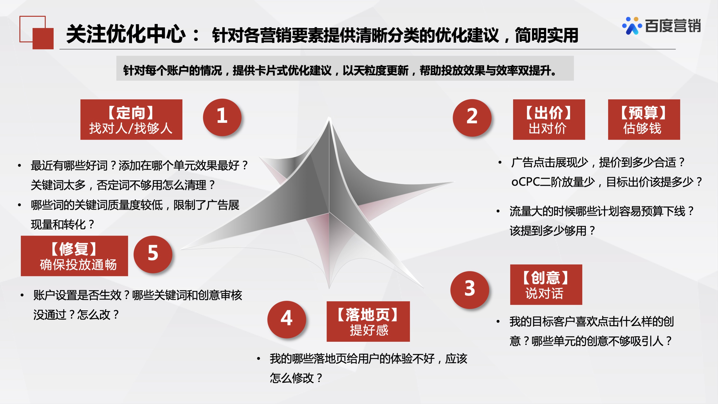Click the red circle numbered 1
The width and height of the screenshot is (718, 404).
[x=222, y=117]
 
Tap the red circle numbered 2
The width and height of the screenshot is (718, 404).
[x=472, y=118]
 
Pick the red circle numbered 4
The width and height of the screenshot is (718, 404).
[x=286, y=319]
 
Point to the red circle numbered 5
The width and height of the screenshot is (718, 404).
[x=153, y=254]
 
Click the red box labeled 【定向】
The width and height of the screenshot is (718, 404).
[x=131, y=119]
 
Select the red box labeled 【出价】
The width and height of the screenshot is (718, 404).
[x=548, y=119]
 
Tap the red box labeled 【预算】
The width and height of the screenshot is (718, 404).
[x=644, y=119]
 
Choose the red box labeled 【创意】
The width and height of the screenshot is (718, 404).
[x=546, y=285]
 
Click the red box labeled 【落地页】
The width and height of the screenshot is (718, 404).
[x=368, y=321]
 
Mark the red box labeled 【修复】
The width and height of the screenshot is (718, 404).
[x=74, y=256]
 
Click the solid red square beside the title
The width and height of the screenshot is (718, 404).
[x=43, y=39]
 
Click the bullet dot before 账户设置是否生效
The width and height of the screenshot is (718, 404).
[x=22, y=295]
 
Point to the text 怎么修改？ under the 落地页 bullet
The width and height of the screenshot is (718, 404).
[x=296, y=378]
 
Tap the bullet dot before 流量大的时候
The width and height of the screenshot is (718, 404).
[x=498, y=211]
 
